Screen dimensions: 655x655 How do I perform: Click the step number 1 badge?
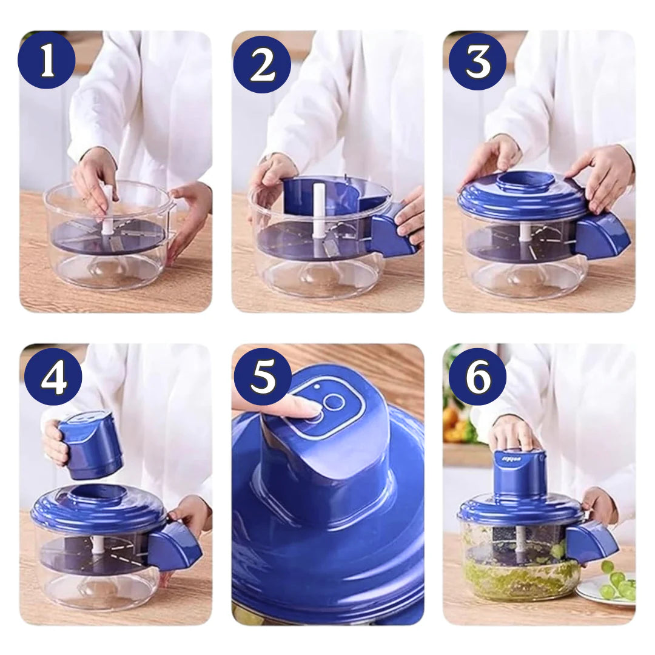coord(47,60)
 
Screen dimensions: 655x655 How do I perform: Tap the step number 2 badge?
coord(262,64)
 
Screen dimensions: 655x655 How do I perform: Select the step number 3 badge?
coord(477,61)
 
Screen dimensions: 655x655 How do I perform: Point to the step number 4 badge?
coord(53,377)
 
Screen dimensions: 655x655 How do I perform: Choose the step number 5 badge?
coord(263,377)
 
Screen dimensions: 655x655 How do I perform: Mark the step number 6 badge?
coord(477,377)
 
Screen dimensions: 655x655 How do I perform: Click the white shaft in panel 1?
coord(107,209)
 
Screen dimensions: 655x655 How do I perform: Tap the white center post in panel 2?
coord(319,209)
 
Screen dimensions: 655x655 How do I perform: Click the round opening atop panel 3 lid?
coord(525,180)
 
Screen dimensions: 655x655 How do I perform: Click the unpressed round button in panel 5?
coord(334,401)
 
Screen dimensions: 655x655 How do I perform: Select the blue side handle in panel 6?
coord(592,541)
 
